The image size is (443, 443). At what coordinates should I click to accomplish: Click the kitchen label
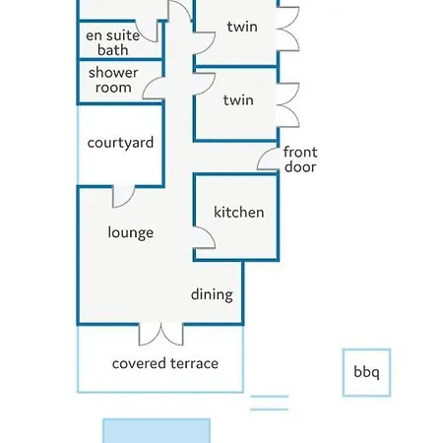[x=239, y=212]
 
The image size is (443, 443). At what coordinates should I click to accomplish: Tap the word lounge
[x=131, y=232]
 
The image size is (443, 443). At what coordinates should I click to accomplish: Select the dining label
[x=212, y=294]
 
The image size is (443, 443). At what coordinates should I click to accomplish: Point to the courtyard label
[x=120, y=143]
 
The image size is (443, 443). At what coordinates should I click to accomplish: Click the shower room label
[x=113, y=80]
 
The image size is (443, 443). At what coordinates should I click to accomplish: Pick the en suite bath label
[x=113, y=42]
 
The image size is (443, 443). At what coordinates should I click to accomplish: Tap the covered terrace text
[x=165, y=363]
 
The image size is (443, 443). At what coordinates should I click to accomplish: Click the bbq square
[x=366, y=372]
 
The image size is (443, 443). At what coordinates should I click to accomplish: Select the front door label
[x=300, y=159]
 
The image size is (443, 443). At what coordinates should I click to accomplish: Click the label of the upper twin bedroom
[x=242, y=27]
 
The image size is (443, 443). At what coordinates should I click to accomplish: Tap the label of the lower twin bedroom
[x=238, y=100]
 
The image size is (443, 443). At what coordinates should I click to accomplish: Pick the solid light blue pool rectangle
[x=157, y=430]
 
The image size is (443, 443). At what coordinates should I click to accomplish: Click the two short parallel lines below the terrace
[x=269, y=403]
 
